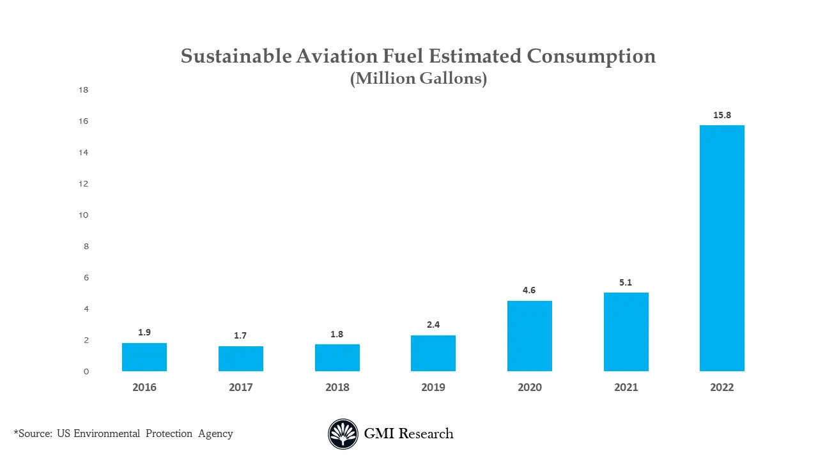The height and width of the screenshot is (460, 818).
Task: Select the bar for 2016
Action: [x=144, y=357]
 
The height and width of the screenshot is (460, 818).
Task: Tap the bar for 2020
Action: [x=529, y=336]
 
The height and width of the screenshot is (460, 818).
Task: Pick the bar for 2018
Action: [x=337, y=358]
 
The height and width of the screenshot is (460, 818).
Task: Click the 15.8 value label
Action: [x=722, y=115]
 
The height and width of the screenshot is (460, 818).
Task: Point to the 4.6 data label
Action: [x=529, y=290]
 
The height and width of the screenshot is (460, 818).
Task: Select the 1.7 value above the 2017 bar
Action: [x=240, y=335]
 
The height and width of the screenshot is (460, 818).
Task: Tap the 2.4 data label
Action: [x=433, y=325]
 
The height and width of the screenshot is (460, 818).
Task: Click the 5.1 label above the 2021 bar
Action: [x=626, y=282]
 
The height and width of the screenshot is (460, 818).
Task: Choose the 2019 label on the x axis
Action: [x=433, y=387]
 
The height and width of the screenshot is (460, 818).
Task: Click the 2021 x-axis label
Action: [x=626, y=387]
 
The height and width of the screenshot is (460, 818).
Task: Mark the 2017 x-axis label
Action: [x=240, y=387]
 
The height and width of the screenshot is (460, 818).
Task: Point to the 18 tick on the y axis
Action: [x=83, y=90]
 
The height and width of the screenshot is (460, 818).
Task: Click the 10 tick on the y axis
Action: [x=83, y=215]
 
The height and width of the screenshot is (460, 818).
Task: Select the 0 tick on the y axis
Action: [x=86, y=372]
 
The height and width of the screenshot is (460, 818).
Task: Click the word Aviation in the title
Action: [x=334, y=56]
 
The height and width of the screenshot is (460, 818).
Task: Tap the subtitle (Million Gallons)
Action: [x=418, y=79]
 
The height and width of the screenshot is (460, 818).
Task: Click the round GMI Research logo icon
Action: [x=343, y=434]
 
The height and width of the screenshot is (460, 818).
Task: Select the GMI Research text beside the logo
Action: [x=408, y=434]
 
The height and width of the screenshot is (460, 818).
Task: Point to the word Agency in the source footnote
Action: [x=215, y=434]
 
